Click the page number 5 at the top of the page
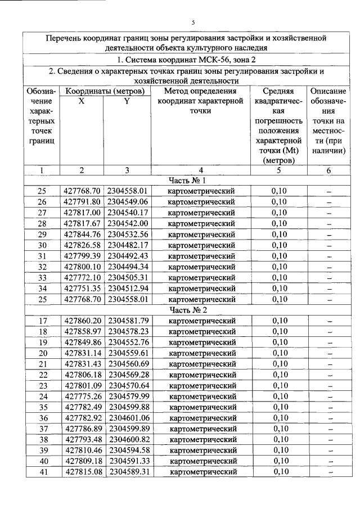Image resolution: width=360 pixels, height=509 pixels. tap(193, 22)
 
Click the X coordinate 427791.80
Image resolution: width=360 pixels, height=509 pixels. tap(82, 202)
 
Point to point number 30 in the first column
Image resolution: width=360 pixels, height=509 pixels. tap(42, 245)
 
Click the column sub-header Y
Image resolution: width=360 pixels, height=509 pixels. tap(127, 102)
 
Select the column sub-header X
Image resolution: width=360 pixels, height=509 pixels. tap(82, 102)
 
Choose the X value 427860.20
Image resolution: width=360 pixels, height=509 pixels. tap(82, 321)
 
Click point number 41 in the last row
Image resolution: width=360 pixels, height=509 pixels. tap(42, 471)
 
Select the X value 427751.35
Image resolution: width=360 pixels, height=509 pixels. tap(82, 289)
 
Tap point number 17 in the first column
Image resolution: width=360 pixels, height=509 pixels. tap(42, 321)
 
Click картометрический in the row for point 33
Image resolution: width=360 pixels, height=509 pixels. tap(201, 278)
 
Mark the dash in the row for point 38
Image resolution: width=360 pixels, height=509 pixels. tap(329, 439)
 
